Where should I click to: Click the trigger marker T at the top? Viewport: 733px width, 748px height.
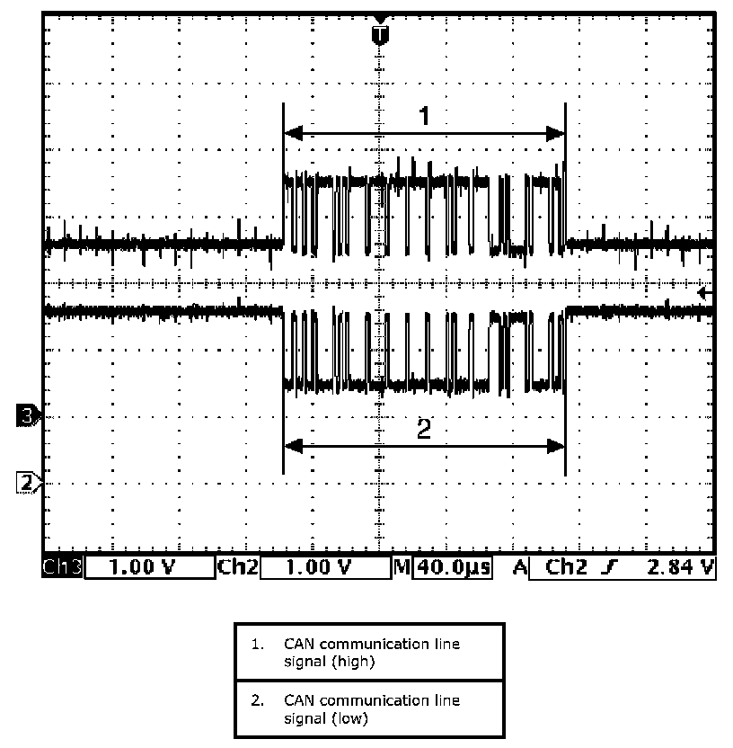click(x=381, y=34)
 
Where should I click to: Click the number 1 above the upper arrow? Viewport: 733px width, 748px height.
click(x=425, y=116)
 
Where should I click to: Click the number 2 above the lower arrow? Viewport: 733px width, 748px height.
click(x=425, y=430)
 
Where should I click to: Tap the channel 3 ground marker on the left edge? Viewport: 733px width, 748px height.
click(x=27, y=416)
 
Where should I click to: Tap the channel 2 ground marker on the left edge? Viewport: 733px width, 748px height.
click(x=27, y=482)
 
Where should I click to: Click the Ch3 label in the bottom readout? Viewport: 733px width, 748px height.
click(x=62, y=567)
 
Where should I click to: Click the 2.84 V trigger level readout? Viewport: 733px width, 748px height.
click(x=679, y=567)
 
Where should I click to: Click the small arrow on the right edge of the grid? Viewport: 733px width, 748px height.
click(x=706, y=293)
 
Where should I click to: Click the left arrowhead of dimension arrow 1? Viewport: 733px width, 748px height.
click(x=290, y=134)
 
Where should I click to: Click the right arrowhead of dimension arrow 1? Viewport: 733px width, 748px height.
click(x=558, y=134)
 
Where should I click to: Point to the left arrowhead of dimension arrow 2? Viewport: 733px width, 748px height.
click(x=290, y=446)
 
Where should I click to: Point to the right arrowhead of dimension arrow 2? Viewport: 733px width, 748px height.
click(x=558, y=446)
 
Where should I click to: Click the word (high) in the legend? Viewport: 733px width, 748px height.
click(x=352, y=662)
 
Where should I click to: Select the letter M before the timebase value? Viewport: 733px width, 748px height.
click(x=402, y=567)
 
